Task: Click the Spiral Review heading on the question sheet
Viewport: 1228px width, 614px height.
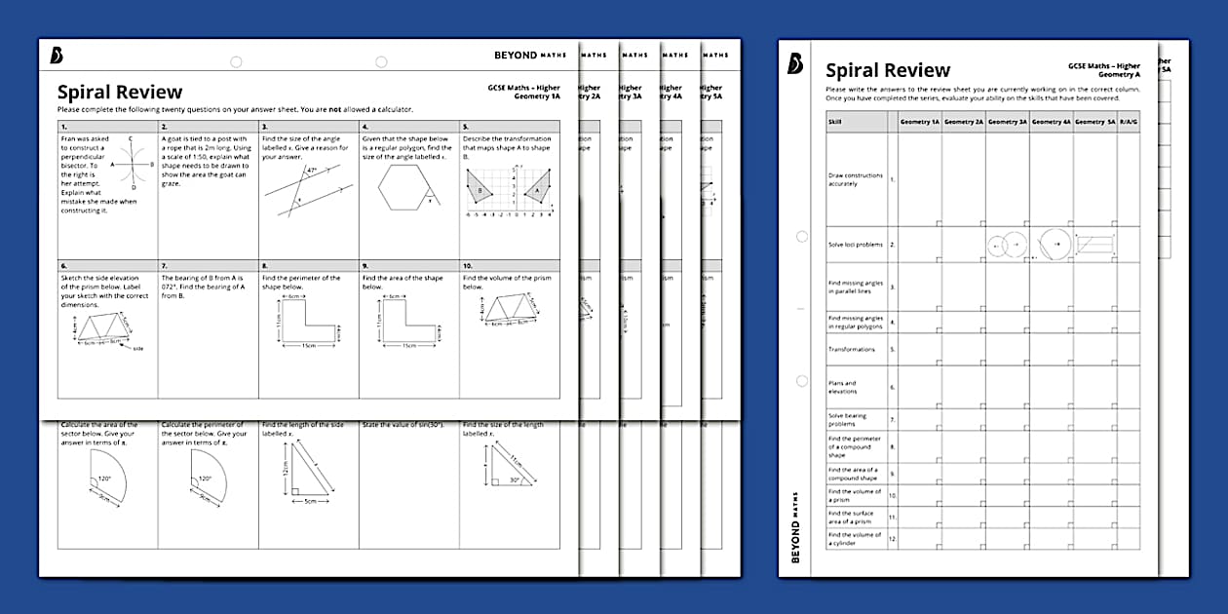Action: [x=119, y=93]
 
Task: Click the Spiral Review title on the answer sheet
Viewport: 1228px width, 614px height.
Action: [x=888, y=70]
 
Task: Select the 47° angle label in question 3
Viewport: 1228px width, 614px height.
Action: [x=311, y=170]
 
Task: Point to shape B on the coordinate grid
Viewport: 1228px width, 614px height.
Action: [x=479, y=190]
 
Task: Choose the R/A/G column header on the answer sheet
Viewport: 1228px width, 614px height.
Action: [x=1129, y=122]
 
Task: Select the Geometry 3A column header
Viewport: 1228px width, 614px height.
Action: [x=1008, y=122]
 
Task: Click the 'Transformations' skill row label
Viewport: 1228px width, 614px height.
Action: [x=851, y=349]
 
